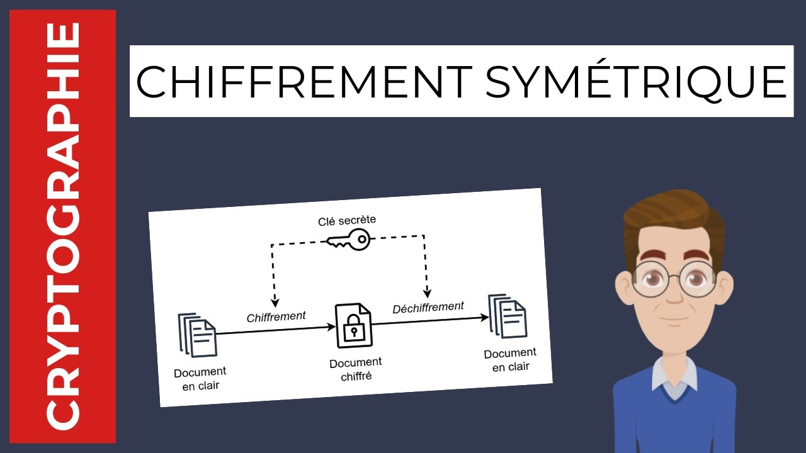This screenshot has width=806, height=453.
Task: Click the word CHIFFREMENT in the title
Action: click(x=304, y=82)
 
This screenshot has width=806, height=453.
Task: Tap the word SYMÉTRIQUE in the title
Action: click(x=636, y=82)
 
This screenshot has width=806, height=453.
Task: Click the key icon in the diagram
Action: click(x=348, y=240)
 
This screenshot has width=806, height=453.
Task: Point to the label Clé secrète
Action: click(x=347, y=221)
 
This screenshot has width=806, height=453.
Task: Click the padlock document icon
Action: click(x=354, y=325)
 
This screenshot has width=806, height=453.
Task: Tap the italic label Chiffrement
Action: click(x=276, y=316)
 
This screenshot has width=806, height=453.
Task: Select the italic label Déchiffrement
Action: click(x=428, y=308)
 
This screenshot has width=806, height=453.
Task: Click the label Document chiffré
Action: click(x=355, y=369)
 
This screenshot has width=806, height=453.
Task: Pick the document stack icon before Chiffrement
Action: click(x=197, y=335)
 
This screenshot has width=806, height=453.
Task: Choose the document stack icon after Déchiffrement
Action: click(x=508, y=316)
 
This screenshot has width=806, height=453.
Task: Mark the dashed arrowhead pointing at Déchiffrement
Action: click(x=427, y=292)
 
